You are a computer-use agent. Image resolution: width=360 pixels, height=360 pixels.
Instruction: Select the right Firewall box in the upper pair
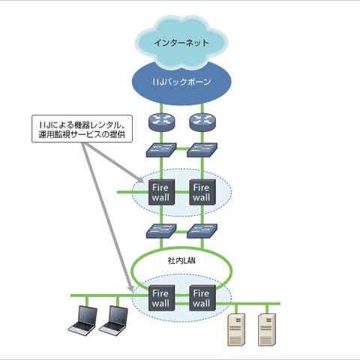pyautogui.click(x=200, y=191)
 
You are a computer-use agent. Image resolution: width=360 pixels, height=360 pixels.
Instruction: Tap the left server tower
pyautogui.click(x=237, y=328)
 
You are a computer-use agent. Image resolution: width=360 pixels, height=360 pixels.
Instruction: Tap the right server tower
pyautogui.click(x=267, y=328)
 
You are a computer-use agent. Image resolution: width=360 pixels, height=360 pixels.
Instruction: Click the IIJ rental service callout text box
pyautogui.click(x=81, y=129)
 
